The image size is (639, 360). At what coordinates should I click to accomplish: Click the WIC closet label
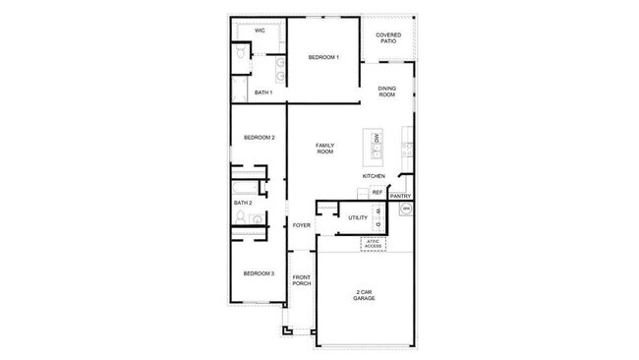260,30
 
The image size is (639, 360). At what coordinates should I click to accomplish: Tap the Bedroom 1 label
323,58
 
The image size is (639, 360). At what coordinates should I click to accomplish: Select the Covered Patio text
387,38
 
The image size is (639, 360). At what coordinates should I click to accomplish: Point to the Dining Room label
386,91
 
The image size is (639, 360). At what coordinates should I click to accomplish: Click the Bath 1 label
262,92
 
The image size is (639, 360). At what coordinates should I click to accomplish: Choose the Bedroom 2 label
260,138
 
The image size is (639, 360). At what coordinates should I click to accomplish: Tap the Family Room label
324,149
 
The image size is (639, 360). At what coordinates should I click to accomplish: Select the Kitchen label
373,176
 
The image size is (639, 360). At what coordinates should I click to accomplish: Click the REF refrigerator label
377,192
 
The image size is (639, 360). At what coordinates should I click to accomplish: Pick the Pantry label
400,196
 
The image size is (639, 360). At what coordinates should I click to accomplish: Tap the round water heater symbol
404,210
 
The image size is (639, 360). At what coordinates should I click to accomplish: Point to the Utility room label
357,217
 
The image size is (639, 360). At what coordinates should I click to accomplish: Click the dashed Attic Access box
373,243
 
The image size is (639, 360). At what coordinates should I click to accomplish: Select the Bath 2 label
243,203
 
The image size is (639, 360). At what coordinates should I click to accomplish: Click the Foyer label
302,225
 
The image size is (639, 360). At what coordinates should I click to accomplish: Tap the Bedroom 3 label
260,272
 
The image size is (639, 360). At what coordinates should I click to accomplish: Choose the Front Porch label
302,280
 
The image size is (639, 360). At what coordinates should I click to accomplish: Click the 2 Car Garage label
364,294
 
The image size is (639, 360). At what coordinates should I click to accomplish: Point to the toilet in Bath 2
257,221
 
